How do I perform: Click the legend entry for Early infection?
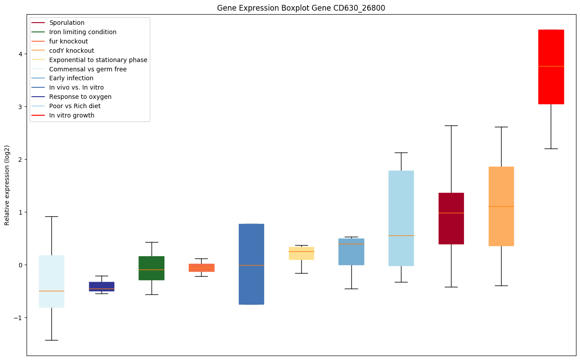coord(71,78)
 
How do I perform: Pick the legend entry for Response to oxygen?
coord(80,97)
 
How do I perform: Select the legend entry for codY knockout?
coord(72,51)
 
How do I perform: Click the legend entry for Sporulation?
coord(67,23)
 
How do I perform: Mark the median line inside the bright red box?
coord(551,66)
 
